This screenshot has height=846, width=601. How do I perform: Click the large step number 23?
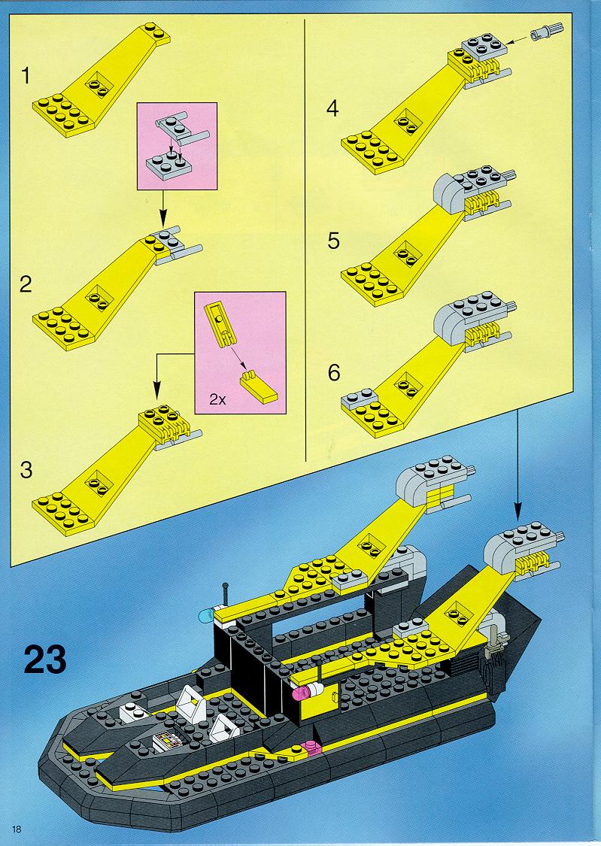point(45,659)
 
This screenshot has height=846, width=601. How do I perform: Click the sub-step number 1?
point(26,75)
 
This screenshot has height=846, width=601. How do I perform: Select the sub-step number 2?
point(26,284)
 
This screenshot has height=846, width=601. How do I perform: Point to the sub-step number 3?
point(26,470)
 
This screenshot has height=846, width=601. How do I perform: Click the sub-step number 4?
point(332,108)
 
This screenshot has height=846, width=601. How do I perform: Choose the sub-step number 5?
point(333,241)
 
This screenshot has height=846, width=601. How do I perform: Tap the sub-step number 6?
point(334,373)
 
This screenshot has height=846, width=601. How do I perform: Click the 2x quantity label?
point(217,399)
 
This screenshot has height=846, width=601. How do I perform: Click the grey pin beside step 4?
point(543,32)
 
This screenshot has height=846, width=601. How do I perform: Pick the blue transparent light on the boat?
point(206,614)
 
